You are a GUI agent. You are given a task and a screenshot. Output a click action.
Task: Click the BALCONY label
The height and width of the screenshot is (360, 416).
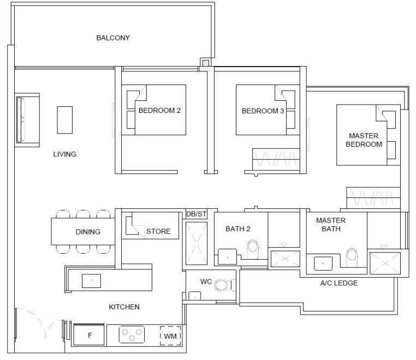[x=113, y=38]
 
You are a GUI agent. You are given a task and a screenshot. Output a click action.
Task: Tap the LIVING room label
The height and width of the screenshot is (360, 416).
[x=65, y=154]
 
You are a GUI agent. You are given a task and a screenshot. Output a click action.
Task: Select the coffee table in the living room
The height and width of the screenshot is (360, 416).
[x=65, y=120]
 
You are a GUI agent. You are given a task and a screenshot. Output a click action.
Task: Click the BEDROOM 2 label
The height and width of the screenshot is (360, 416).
[x=159, y=110]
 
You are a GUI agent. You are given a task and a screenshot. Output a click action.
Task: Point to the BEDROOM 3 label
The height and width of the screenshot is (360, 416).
[x=263, y=111]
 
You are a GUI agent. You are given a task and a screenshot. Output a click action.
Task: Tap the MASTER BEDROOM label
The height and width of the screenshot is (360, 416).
[x=364, y=140]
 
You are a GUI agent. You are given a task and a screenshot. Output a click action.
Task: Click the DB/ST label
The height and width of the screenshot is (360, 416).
[x=197, y=214]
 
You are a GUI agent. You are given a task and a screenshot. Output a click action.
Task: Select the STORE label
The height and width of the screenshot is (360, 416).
[x=158, y=231]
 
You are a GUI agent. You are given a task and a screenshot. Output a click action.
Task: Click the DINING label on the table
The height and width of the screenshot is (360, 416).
[x=88, y=232]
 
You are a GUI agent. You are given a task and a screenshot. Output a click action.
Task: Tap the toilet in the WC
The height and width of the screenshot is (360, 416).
[x=223, y=285]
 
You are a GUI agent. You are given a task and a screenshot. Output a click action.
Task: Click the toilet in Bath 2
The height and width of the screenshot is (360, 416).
[x=253, y=249]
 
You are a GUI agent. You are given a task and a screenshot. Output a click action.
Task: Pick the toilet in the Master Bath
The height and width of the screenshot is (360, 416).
[x=352, y=257]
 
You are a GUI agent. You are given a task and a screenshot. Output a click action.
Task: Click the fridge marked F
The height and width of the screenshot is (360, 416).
[x=88, y=335]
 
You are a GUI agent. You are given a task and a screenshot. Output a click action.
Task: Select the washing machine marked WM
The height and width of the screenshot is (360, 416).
[x=170, y=336]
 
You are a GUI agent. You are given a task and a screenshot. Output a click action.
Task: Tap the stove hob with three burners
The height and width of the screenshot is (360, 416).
[x=132, y=334]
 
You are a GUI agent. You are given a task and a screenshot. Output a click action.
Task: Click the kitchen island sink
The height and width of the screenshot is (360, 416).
[x=91, y=281]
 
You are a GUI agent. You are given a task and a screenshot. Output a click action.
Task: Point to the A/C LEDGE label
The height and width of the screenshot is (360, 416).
[x=339, y=283]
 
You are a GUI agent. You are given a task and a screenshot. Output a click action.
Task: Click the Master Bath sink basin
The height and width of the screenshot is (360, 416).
[x=323, y=263]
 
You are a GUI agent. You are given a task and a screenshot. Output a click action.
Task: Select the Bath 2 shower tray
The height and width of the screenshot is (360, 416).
[x=285, y=259]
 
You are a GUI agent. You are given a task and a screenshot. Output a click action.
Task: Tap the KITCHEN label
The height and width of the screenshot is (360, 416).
[x=124, y=307]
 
